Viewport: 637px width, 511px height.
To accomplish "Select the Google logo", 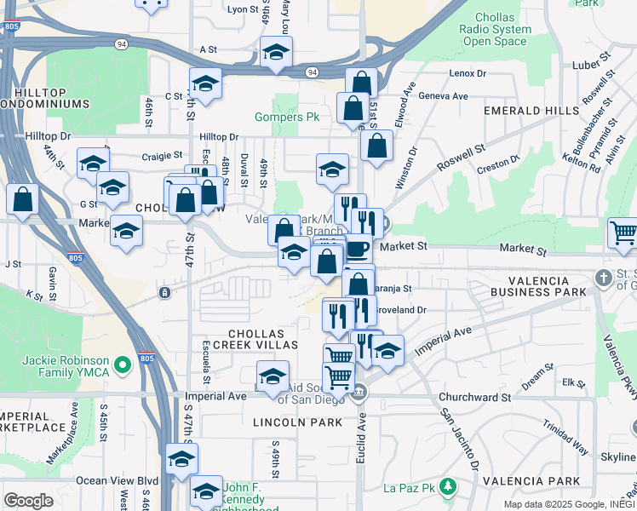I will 28,501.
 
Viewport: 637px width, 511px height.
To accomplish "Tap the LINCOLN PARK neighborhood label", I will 297,422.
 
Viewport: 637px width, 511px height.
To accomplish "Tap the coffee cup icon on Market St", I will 357,249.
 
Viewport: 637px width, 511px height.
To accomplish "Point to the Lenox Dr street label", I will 467,73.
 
